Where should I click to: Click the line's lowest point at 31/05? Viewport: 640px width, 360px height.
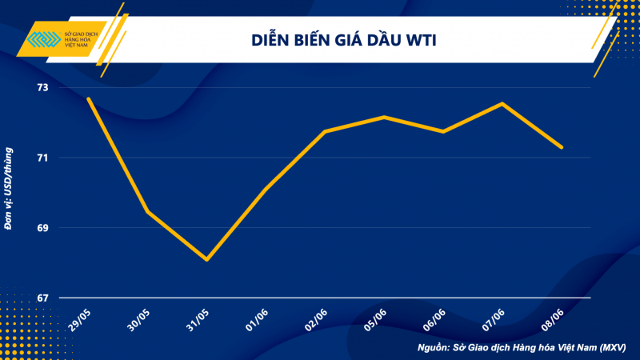point(206,259)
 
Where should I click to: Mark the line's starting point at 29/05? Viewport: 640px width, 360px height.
point(88,98)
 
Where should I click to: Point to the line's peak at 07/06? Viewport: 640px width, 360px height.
point(502,103)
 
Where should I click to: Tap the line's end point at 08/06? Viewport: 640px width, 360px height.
point(562,147)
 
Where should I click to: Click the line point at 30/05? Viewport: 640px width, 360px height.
point(147,212)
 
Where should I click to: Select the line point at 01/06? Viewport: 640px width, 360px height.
point(266,189)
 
